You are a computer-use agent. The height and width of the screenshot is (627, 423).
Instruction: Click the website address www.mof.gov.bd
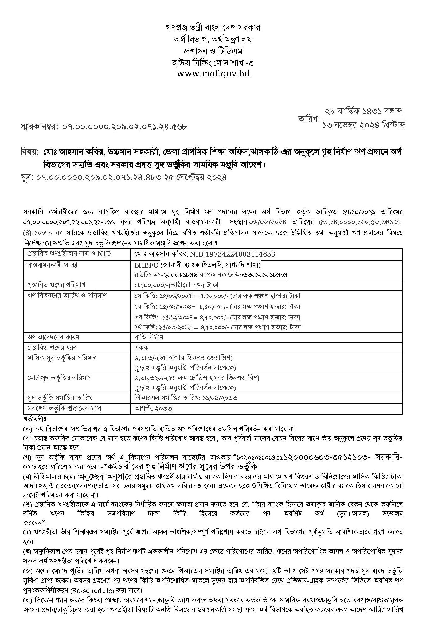[213, 74]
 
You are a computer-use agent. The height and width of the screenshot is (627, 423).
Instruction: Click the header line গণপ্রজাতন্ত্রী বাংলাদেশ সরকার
[213, 28]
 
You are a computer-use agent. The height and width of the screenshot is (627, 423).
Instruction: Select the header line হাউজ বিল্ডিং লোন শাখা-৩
[213, 62]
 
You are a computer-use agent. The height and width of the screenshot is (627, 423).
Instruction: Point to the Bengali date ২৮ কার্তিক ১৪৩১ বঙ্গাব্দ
[364, 112]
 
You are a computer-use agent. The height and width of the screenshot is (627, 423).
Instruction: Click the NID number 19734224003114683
[233, 254]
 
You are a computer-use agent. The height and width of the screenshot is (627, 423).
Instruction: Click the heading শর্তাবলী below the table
[34, 419]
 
